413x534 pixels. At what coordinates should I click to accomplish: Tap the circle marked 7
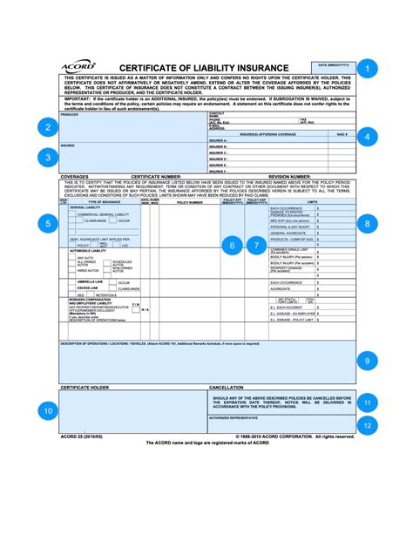256,246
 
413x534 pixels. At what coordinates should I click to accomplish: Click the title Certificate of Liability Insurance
205,68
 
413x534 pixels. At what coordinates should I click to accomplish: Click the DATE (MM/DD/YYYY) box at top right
334,69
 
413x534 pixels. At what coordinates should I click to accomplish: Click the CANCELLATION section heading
231,387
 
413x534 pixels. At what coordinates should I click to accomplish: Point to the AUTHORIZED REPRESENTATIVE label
240,417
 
